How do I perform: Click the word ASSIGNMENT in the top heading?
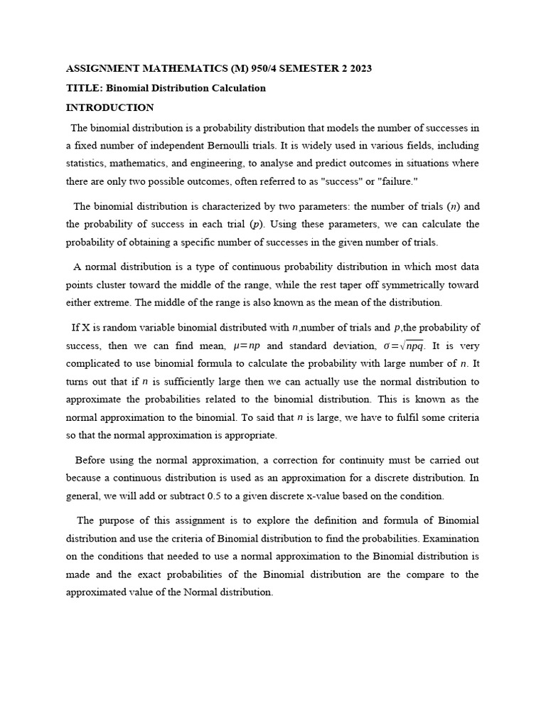(100, 69)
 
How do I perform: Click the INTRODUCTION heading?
(110, 108)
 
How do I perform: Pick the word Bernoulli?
(242, 146)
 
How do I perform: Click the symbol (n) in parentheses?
(453, 207)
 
